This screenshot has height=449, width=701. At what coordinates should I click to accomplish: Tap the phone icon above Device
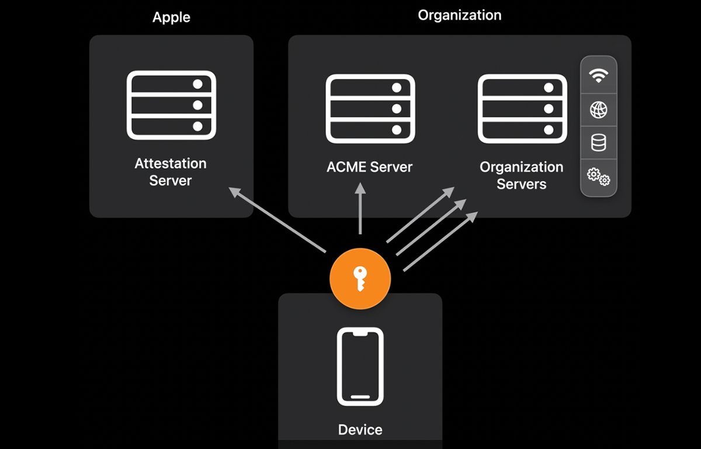360,367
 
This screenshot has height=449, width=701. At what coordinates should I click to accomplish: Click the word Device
360,430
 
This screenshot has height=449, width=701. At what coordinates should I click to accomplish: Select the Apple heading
171,18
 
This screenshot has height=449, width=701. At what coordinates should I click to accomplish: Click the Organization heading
460,15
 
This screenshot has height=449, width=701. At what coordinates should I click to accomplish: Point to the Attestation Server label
171,172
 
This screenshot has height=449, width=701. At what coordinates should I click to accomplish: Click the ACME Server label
369,167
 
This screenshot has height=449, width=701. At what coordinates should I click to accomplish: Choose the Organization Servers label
521,175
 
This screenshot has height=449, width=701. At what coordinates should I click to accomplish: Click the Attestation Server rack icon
171,105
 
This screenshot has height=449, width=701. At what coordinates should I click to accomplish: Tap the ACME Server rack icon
370,108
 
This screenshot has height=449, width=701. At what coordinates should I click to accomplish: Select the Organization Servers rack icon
522,108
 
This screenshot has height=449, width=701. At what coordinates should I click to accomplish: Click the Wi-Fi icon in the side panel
598,75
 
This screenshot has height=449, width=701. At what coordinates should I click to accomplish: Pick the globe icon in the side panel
598,109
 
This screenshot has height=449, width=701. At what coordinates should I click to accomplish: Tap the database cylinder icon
598,143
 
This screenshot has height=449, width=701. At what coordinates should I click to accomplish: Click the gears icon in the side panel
598,176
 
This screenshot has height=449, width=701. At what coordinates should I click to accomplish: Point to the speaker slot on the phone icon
360,333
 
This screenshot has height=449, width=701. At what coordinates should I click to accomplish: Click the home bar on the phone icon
360,398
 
